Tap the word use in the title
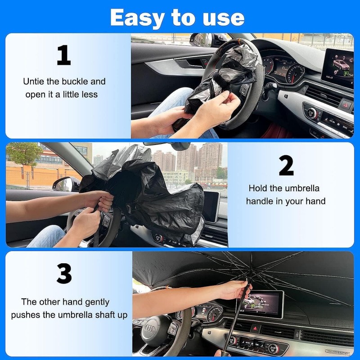coord(224,18)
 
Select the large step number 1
coord(64,55)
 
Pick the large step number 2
coord(286,166)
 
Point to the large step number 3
coord(64,273)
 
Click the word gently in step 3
coord(97,302)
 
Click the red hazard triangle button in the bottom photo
coord(255,328)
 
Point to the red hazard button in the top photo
coord(346,104)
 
